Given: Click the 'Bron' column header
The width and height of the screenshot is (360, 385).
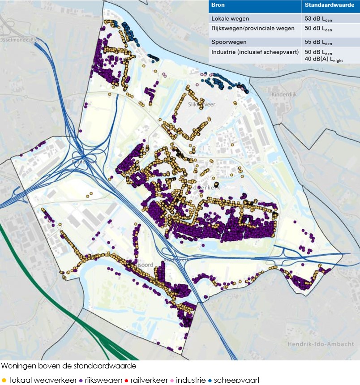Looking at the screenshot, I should point(218,5).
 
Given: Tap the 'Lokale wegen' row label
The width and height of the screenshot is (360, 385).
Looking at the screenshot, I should point(230,19).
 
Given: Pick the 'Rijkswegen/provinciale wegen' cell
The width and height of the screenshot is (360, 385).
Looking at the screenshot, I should point(253,28).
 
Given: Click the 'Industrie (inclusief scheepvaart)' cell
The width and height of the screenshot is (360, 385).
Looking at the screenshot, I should point(255,52).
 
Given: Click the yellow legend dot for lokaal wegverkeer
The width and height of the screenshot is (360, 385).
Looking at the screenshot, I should point(4,380).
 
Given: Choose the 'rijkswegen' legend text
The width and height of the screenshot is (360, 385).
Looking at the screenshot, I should point(104,380).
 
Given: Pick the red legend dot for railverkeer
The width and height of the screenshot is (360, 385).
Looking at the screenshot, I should point(127,380).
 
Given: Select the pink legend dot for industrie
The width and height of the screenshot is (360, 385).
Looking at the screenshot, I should point(172,380).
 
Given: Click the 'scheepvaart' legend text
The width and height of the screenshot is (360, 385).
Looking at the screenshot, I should point(236,380).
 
